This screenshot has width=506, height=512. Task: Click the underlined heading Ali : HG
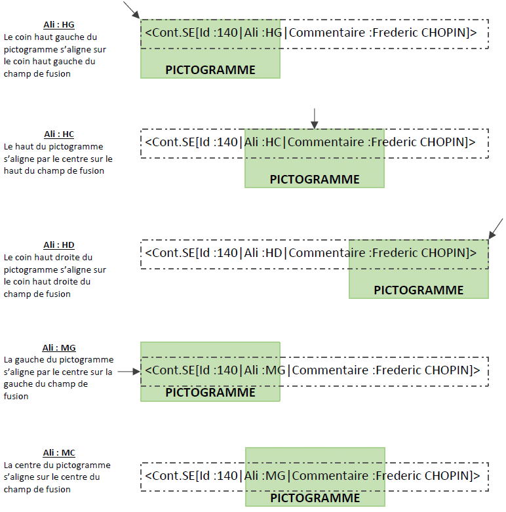(x=59, y=25)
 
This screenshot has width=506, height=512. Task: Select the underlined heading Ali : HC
(x=59, y=134)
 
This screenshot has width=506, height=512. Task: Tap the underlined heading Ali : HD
(x=59, y=245)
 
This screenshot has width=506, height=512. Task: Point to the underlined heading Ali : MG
(x=59, y=348)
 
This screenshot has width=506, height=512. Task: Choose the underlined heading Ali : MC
(x=59, y=453)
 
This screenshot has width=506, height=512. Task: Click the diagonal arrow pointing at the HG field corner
(x=131, y=10)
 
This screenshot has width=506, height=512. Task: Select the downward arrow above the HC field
(x=315, y=118)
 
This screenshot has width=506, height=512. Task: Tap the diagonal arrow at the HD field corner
(x=496, y=229)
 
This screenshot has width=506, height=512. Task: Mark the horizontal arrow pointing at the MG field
(x=128, y=371)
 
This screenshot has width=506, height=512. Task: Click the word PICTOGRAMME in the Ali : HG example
(x=210, y=70)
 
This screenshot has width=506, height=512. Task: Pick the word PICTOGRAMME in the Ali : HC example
(x=315, y=179)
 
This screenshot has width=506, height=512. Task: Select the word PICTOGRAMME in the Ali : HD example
(x=418, y=290)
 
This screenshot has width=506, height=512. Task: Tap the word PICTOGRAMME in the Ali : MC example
(x=315, y=498)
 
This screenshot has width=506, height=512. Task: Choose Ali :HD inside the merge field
(x=264, y=252)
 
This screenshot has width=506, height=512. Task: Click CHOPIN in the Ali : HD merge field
(x=444, y=252)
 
